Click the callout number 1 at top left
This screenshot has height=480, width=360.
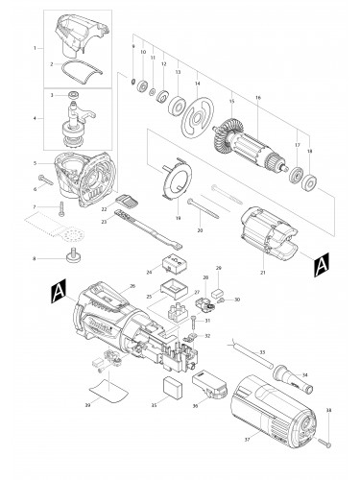coord(36,47)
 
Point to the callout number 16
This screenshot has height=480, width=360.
coord(258,98)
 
